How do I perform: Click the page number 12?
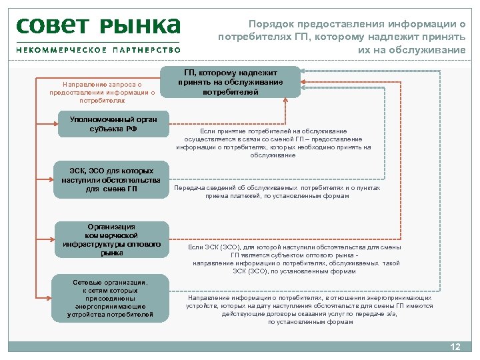point(455,347)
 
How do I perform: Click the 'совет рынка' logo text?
point(98,26)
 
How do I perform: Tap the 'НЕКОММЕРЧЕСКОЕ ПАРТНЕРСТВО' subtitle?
point(98,50)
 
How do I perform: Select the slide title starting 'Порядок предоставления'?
point(342,37)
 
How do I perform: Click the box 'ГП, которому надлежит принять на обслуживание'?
point(230,82)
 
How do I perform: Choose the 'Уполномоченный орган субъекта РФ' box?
point(112,124)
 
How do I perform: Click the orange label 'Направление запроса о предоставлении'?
point(102,93)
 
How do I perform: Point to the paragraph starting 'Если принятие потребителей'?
point(273,143)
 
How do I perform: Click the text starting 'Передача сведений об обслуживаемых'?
point(277,192)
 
